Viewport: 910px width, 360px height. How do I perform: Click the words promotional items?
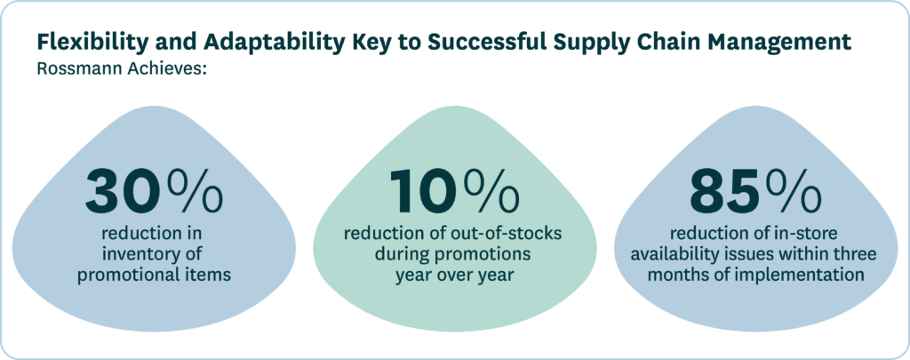(154, 274)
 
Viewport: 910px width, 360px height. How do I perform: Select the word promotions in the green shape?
(490, 254)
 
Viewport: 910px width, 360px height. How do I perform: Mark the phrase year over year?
(454, 274)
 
